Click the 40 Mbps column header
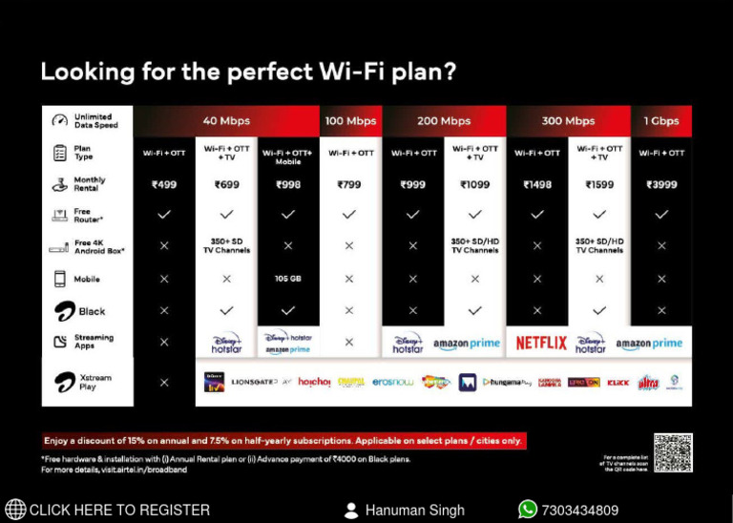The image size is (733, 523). [x=226, y=121]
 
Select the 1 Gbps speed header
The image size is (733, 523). [x=660, y=121]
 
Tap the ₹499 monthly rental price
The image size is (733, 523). [x=164, y=184]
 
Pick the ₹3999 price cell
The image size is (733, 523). [x=661, y=184]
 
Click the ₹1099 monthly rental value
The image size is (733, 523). [x=474, y=184]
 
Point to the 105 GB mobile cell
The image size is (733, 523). [x=287, y=279]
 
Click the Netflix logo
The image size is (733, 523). [x=541, y=343]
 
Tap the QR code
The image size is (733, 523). [x=672, y=451]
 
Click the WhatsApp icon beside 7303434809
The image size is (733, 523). [x=528, y=510]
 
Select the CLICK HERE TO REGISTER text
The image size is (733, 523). [x=119, y=511]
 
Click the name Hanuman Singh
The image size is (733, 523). [x=414, y=511]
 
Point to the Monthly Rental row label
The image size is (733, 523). [x=90, y=184]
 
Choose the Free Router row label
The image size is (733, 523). [x=89, y=216]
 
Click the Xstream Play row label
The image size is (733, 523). [x=94, y=382]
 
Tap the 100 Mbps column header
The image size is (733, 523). [x=350, y=121]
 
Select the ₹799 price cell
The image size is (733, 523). [x=350, y=184]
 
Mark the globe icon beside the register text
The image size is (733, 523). [x=15, y=510]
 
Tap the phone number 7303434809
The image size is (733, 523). [x=579, y=511]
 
